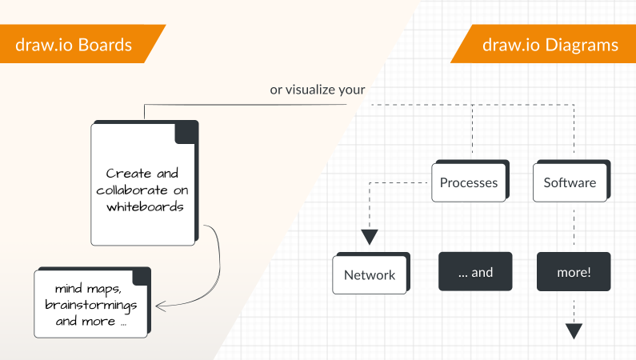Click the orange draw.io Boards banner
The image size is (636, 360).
[76, 44]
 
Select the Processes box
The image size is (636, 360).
[469, 183]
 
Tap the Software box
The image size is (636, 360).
[570, 183]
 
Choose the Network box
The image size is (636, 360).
[370, 275]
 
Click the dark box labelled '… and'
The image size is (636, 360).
[475, 272]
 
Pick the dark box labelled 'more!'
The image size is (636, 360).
[574, 272]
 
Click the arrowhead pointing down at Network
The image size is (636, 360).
[369, 238]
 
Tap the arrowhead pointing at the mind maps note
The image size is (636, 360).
[158, 306]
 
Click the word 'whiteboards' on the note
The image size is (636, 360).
[144, 207]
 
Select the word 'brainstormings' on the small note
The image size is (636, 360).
[91, 305]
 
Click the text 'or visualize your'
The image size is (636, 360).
[318, 90]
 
